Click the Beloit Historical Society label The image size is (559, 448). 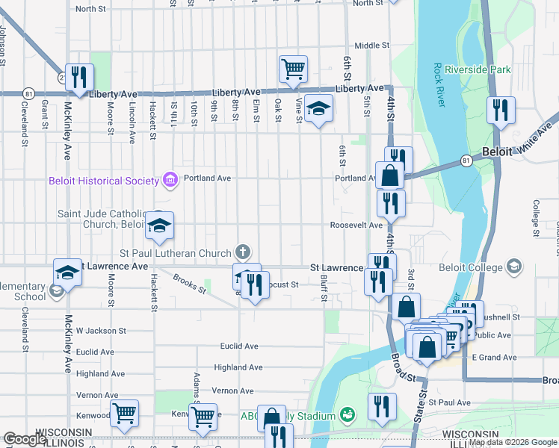pos(103,180)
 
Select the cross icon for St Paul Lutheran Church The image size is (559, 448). pos(241,252)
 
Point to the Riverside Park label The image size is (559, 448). pos(478,69)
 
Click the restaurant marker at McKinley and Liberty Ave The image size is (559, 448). pos(78,77)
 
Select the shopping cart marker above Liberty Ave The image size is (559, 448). pos(294,69)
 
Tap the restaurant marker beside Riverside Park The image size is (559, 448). pos(500,111)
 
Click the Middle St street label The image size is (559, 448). pos(371,46)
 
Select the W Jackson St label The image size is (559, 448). pos(99,330)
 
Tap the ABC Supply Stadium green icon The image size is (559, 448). pos(346,414)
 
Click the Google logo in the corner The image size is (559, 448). pos(25,440)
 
